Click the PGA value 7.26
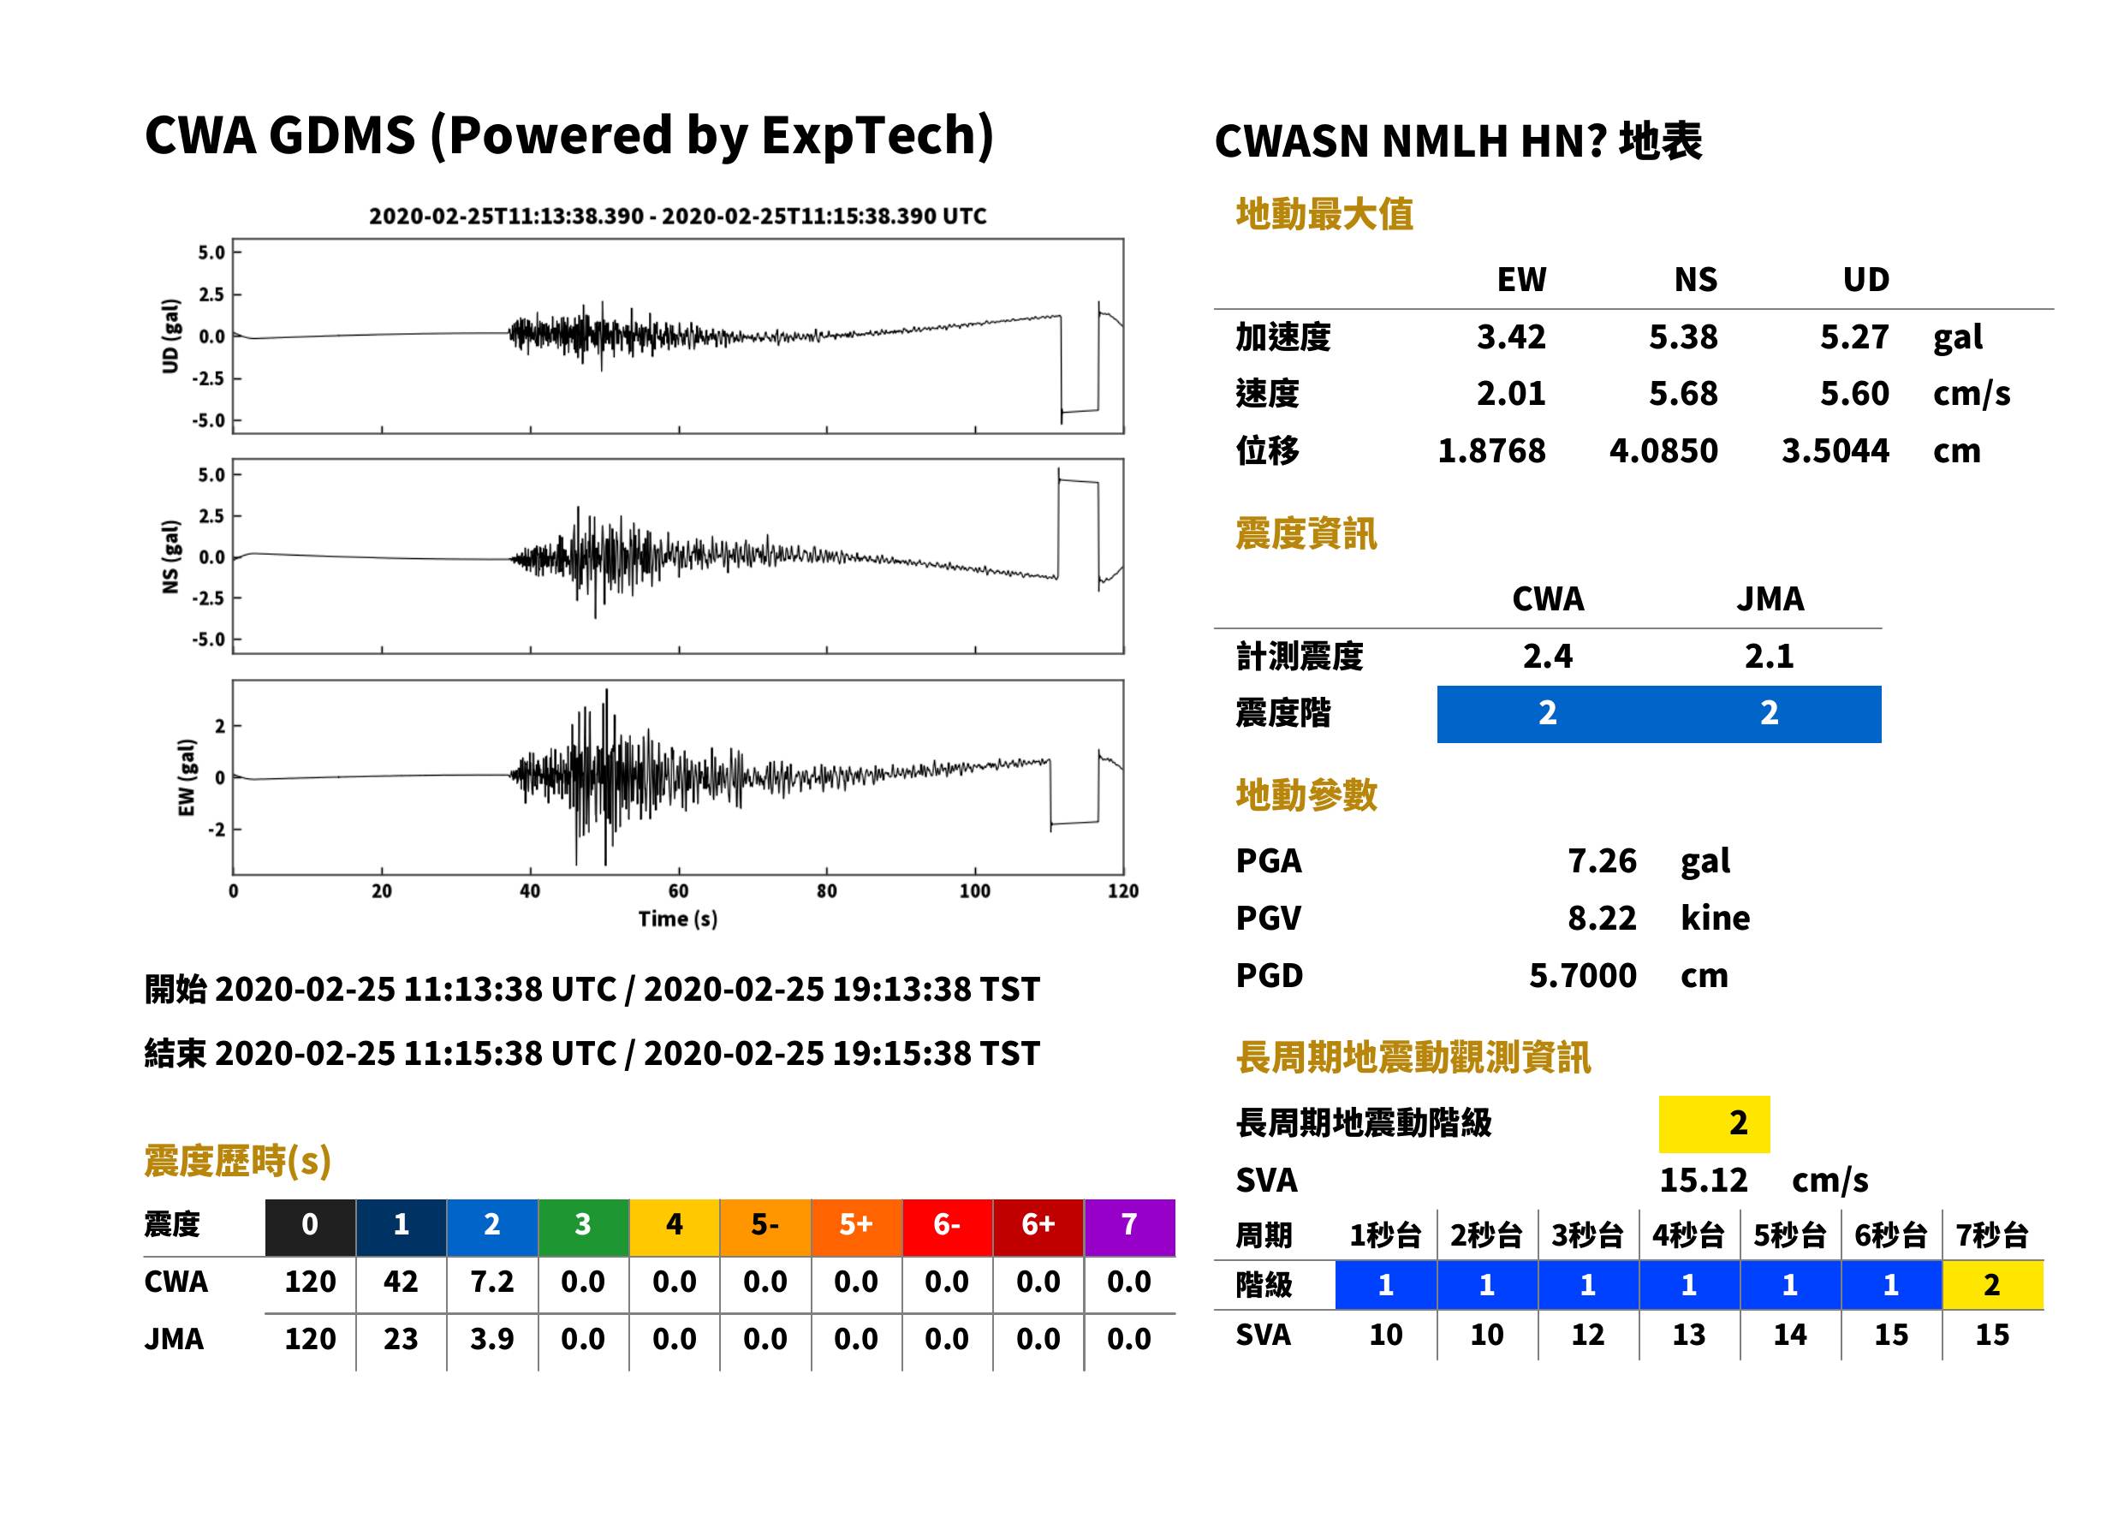pos(1602,860)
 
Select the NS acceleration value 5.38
pos(1682,336)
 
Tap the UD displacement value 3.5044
pos(1835,450)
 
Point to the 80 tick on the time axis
pos(827,891)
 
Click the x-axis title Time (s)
pos(678,919)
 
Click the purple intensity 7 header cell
pos(1129,1224)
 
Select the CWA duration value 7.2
pos(492,1282)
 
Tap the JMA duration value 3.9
pos(492,1339)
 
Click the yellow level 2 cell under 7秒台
pos(1992,1284)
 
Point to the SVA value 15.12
pos(1703,1180)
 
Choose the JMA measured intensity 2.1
pos(1769,656)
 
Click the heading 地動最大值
pos(1324,214)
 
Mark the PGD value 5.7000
pos(1583,975)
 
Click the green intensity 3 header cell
pos(583,1224)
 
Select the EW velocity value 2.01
pos(1510,393)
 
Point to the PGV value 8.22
pos(1602,917)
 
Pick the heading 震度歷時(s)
pos(238,1161)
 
